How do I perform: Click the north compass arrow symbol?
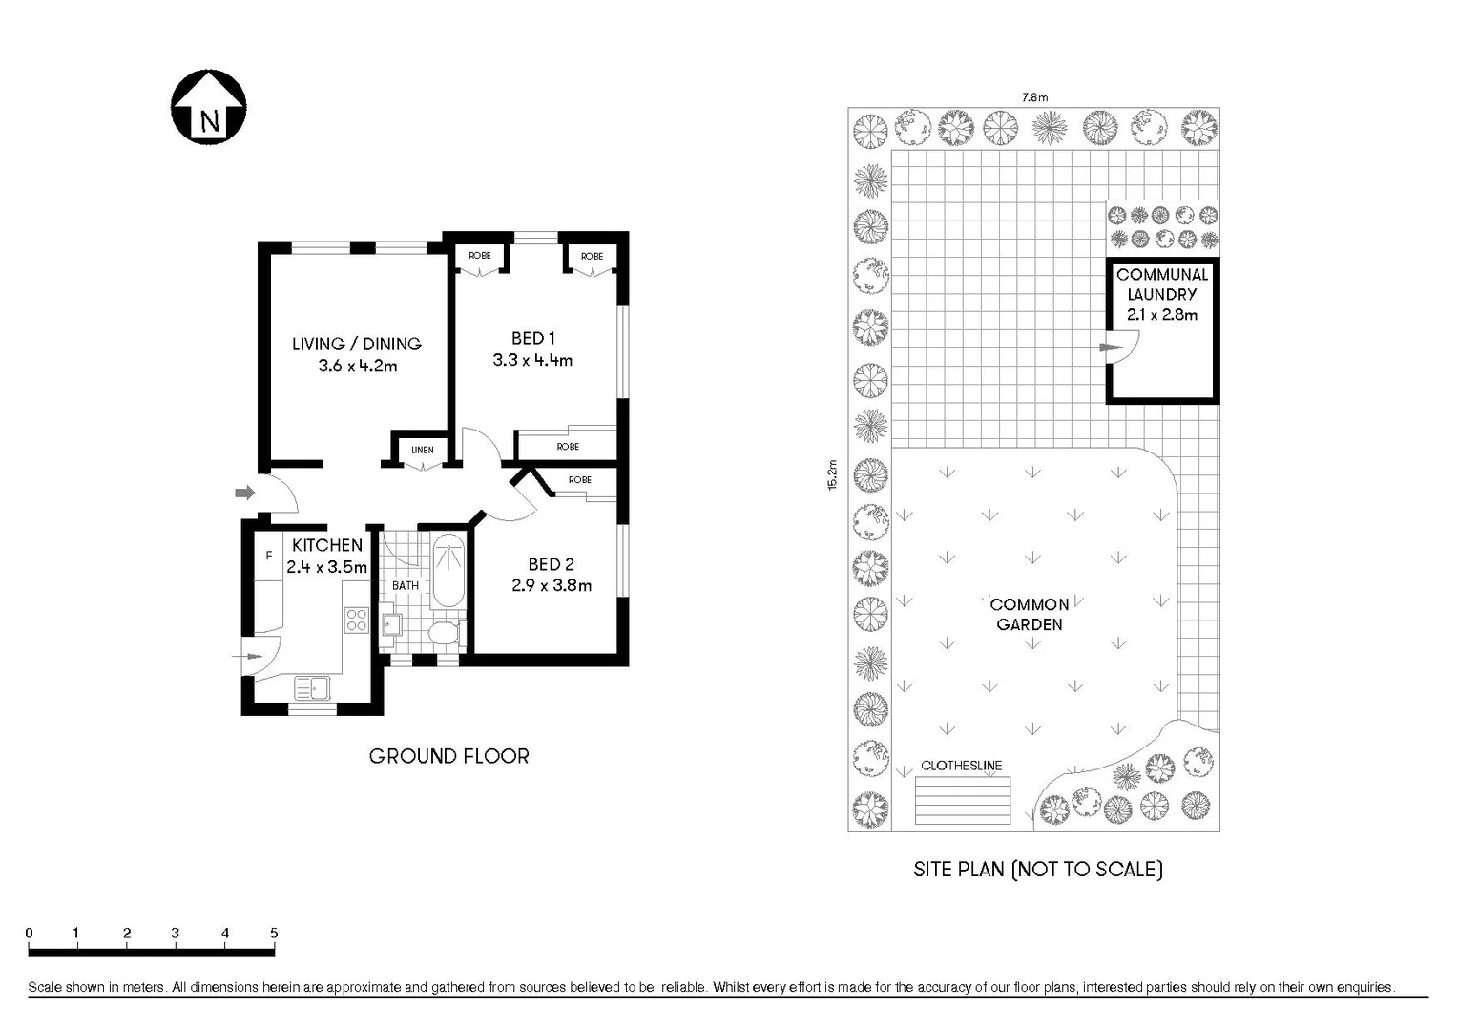[209, 107]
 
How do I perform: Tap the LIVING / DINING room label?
[356, 344]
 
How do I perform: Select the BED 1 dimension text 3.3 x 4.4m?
[532, 361]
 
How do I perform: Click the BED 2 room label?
[551, 564]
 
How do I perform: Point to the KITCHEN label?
[326, 545]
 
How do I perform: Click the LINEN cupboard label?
[422, 450]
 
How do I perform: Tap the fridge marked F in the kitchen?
[268, 556]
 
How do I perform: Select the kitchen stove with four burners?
[356, 620]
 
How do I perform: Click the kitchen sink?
[311, 686]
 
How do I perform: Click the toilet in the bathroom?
[443, 633]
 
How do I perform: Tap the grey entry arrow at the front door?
[245, 493]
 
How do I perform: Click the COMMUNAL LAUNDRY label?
[1161, 284]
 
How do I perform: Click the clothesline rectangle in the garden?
[962, 801]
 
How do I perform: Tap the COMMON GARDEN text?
[1029, 615]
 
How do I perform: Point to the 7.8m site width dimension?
[1034, 96]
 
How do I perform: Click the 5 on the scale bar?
[274, 934]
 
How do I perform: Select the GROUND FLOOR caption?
[448, 756]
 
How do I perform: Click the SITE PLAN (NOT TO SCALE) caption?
[1037, 869]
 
